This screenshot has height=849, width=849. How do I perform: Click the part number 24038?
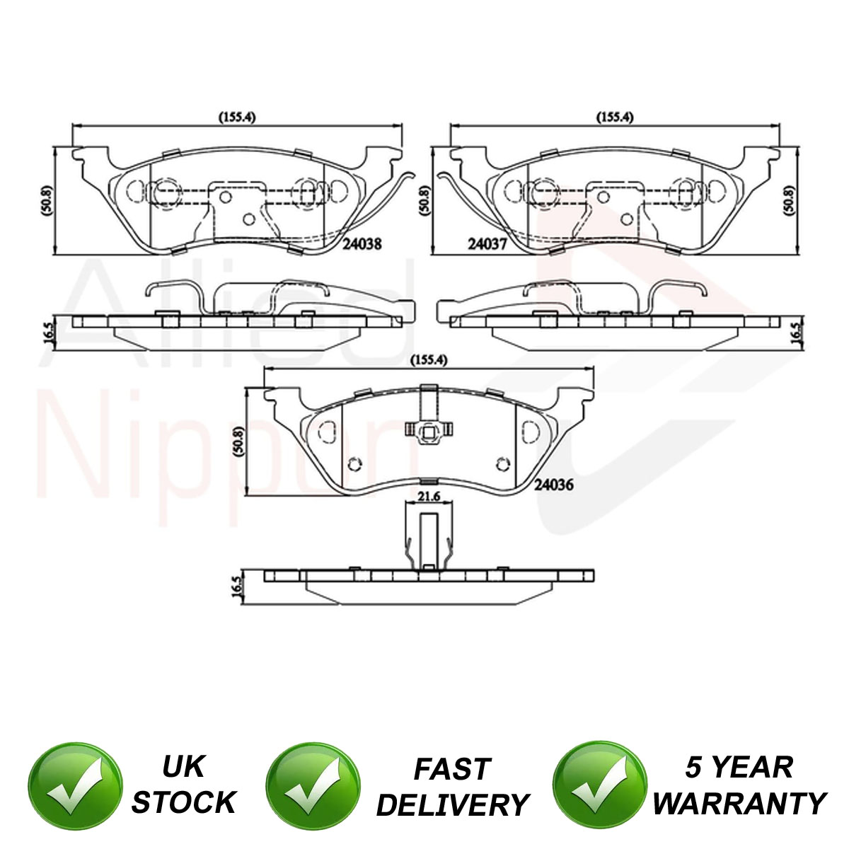(x=363, y=243)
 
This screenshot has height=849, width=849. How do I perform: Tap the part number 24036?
(x=554, y=485)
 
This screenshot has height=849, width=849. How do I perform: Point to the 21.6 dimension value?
(x=429, y=497)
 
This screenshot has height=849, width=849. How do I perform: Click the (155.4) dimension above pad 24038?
(x=237, y=117)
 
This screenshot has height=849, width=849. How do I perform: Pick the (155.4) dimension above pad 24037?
(x=615, y=117)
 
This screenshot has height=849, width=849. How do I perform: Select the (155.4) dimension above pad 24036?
(x=429, y=360)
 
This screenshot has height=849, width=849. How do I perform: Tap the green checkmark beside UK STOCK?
(x=75, y=780)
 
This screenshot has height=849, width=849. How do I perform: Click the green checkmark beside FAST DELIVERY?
(x=313, y=780)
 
